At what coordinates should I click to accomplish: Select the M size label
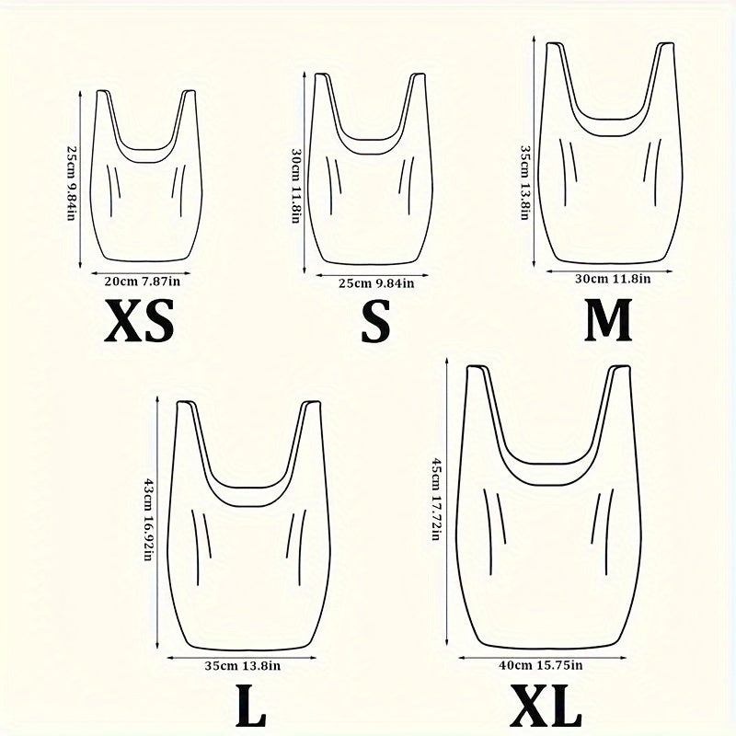click(x=608, y=320)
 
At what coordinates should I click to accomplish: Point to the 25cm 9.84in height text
click(x=72, y=180)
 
